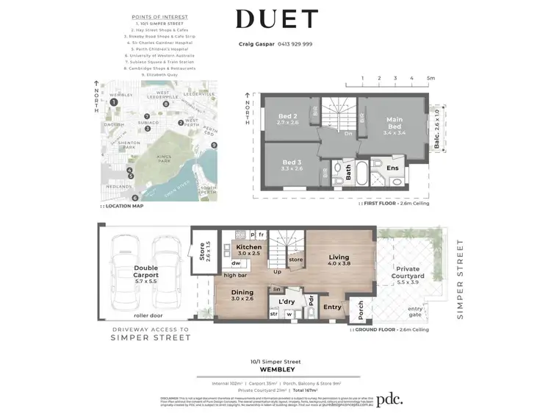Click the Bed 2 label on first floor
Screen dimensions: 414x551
tap(287, 119)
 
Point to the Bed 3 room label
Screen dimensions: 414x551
tap(292, 165)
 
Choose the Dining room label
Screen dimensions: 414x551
tap(242, 295)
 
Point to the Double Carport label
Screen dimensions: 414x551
tap(146, 273)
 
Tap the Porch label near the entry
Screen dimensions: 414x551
tap(361, 310)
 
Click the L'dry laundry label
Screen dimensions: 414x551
tap(287, 301)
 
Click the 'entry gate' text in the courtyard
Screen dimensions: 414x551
tap(416, 311)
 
